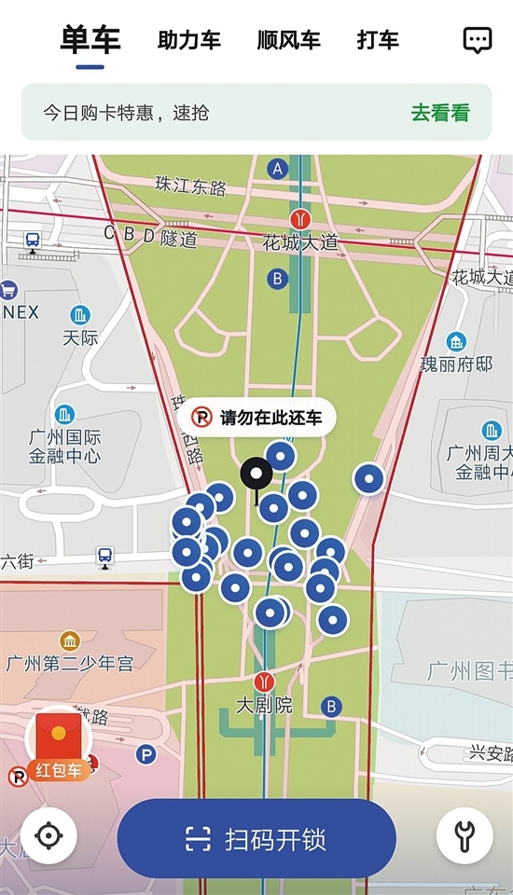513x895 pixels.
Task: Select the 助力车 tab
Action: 189,40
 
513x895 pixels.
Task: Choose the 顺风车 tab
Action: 288,40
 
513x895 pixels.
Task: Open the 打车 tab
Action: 378,40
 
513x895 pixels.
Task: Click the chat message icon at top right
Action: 478,39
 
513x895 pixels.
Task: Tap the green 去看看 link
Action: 440,114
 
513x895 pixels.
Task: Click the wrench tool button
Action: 464,835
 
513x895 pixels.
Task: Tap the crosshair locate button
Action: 49,835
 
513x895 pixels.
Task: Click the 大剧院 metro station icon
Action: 265,682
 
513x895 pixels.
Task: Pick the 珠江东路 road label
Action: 191,186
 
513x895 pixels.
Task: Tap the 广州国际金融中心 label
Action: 65,447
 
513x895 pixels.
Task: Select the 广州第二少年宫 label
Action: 69,664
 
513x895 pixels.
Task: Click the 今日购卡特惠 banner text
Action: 126,114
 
